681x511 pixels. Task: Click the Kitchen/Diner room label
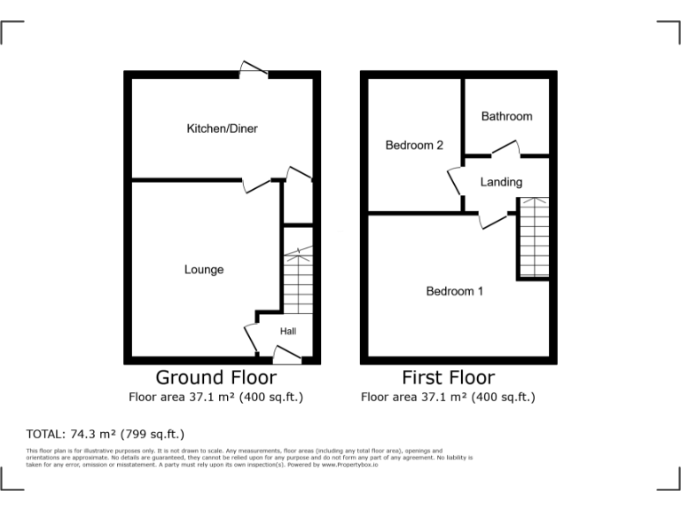click(222, 129)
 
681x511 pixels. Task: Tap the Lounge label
click(204, 270)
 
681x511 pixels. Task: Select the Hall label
click(288, 332)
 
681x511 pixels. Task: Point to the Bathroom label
click(506, 116)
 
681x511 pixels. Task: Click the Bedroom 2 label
click(414, 145)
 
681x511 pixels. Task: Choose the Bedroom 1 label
click(455, 291)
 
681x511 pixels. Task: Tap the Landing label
click(501, 182)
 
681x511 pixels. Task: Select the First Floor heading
click(448, 378)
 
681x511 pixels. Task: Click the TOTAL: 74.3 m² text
click(106, 434)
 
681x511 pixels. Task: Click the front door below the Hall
click(286, 355)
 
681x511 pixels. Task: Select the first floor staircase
click(532, 237)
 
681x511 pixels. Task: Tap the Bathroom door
click(506, 149)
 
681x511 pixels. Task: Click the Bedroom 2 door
click(457, 183)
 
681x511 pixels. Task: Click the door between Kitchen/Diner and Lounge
click(258, 185)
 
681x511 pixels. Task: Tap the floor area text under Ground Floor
click(215, 397)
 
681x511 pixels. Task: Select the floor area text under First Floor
click(448, 397)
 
